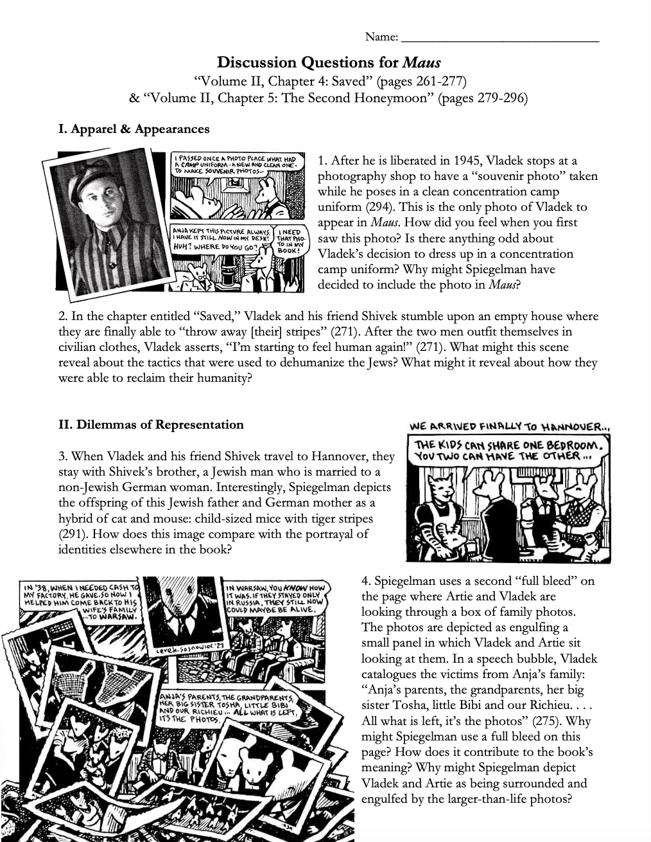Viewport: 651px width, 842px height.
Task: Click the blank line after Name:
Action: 499,39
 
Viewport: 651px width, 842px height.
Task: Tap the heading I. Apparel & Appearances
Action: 134,129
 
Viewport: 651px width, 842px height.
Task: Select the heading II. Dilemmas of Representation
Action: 151,424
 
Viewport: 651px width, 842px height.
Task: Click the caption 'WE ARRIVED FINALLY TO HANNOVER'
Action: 508,426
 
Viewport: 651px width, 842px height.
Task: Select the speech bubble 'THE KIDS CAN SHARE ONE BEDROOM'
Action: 508,450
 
